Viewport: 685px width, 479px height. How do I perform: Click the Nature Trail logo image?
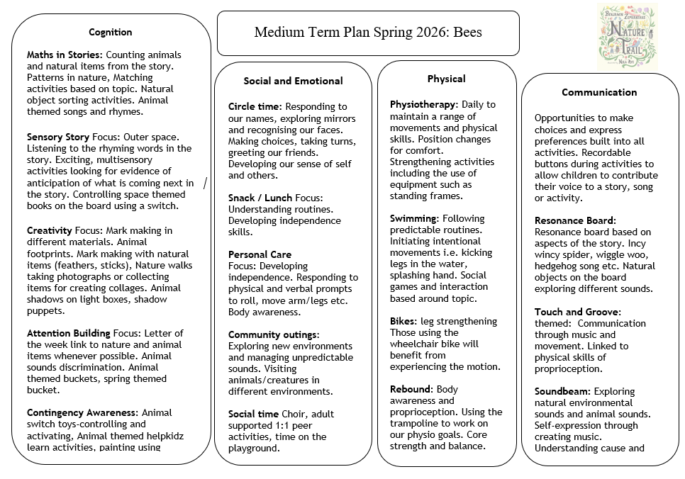[627, 35]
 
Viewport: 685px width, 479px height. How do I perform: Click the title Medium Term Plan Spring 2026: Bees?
[367, 33]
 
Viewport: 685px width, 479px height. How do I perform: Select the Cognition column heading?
[110, 32]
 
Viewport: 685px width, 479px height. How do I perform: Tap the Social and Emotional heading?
[293, 81]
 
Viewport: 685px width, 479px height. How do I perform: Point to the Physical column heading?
[446, 79]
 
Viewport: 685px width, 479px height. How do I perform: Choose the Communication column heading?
[599, 92]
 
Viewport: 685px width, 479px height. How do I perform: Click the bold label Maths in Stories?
[65, 55]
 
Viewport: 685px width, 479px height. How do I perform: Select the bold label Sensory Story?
[58, 137]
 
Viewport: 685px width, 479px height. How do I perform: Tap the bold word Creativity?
[50, 230]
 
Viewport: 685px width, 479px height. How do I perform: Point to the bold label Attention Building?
[68, 333]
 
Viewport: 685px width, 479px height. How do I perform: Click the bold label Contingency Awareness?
[82, 412]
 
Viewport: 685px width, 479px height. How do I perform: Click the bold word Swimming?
[413, 218]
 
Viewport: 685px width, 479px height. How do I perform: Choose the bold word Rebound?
[411, 389]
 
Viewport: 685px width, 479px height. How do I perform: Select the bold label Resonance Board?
[575, 220]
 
